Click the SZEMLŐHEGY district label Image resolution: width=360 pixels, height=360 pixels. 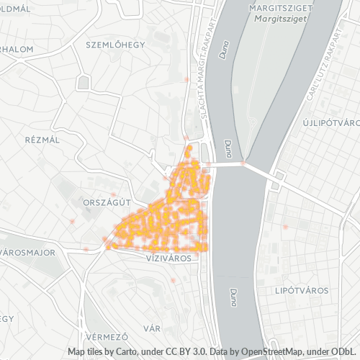click(115, 45)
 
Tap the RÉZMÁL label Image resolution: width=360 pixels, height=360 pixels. click(41, 140)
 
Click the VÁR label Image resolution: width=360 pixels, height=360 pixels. click(151, 328)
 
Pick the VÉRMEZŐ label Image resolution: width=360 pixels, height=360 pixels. click(106, 336)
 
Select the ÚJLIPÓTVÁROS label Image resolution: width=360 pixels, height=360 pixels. click(331, 123)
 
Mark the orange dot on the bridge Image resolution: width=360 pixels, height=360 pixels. click(243, 163)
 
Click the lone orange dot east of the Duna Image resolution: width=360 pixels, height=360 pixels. click(286, 228)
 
